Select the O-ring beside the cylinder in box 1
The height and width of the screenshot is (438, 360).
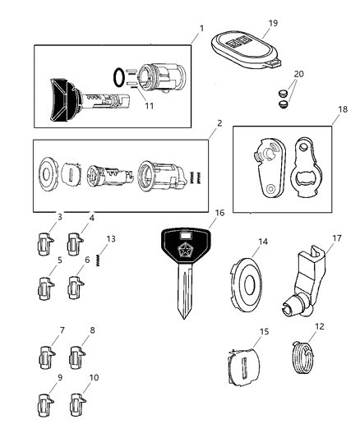[119, 77]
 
